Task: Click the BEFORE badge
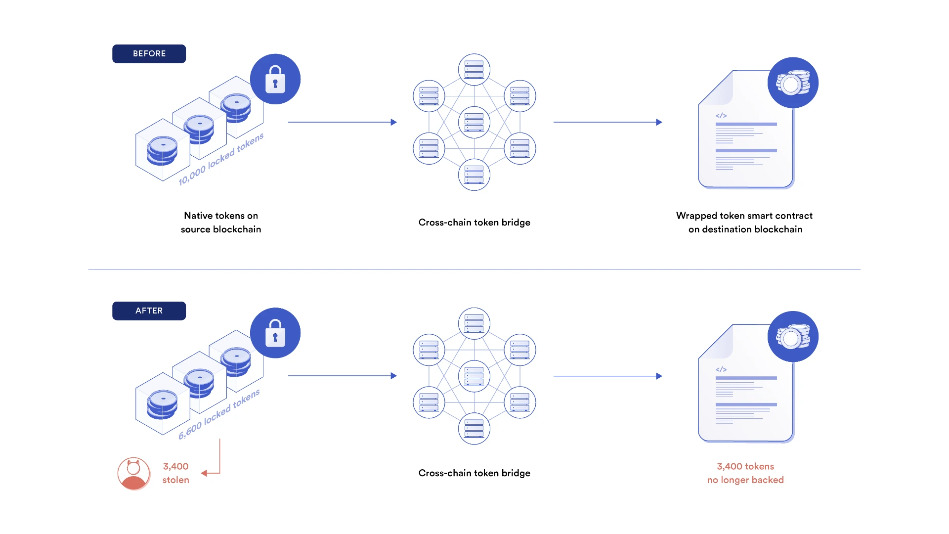click(149, 54)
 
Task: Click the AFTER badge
click(149, 311)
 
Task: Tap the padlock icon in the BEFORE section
click(275, 80)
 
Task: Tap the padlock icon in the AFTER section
click(275, 333)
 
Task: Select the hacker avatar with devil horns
click(133, 474)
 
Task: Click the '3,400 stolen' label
click(175, 473)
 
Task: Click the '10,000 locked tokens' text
click(221, 159)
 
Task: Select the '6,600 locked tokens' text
click(219, 414)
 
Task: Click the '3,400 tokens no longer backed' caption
click(745, 473)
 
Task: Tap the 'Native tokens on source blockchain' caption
click(221, 222)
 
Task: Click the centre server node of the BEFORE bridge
click(474, 122)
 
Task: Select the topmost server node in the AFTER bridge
click(474, 323)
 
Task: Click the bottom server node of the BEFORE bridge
click(474, 175)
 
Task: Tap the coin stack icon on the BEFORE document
click(793, 83)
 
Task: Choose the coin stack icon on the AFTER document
click(793, 337)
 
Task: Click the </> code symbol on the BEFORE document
click(721, 116)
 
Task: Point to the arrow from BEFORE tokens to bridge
click(342, 122)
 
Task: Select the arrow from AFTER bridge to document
click(607, 376)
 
